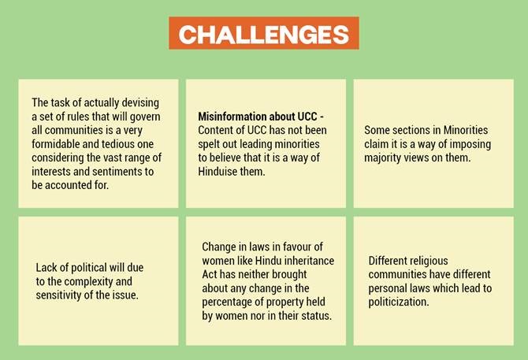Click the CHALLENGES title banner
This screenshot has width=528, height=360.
264,33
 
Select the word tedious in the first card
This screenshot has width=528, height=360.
119,144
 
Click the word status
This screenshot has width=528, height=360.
319,316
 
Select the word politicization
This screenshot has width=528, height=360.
399,302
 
